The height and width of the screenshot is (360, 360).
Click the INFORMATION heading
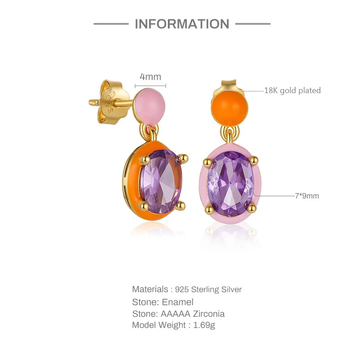182,24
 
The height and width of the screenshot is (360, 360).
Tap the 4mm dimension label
150,77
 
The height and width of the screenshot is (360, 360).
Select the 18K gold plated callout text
292,90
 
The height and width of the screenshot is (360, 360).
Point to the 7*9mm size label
307,196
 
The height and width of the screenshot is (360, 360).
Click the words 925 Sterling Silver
212,289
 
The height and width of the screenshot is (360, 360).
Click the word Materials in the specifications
150,289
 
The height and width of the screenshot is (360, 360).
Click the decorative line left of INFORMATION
111,24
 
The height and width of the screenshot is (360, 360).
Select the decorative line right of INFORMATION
253,24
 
